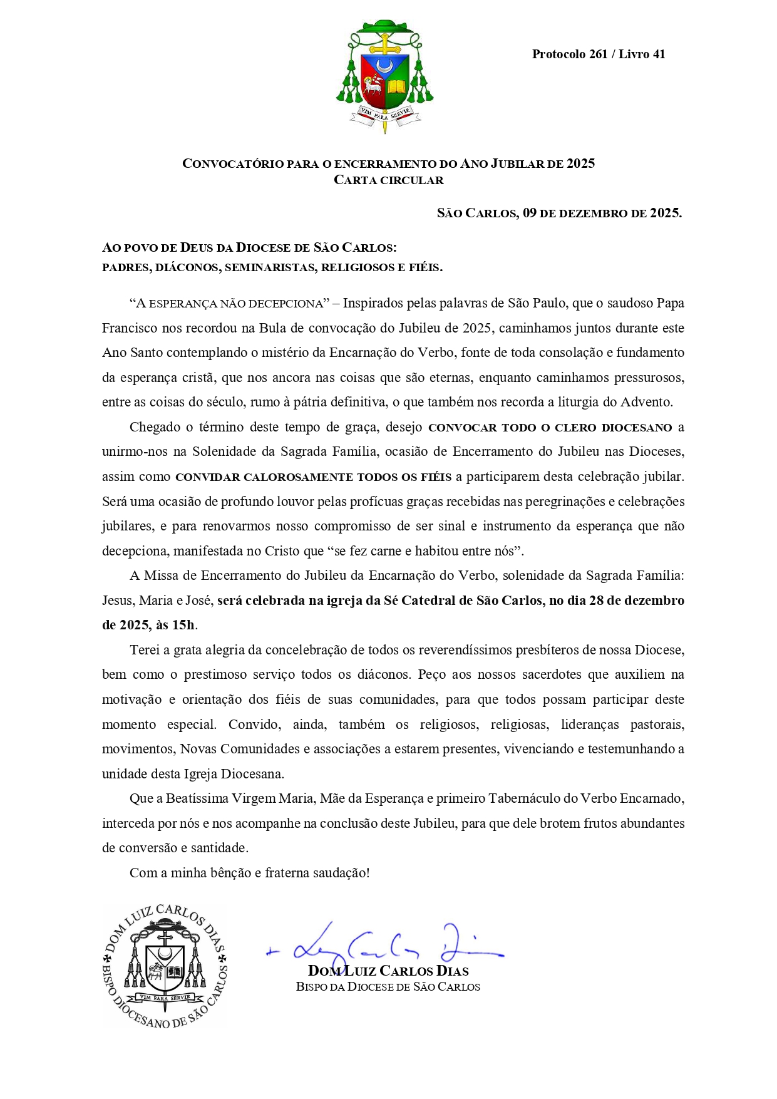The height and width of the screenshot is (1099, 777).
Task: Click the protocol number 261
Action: tap(598, 54)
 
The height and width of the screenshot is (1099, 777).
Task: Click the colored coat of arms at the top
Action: tap(384, 76)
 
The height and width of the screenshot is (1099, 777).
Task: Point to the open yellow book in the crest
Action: tap(396, 86)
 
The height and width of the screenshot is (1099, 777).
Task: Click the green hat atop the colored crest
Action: tap(384, 28)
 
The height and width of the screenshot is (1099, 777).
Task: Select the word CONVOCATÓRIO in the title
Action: tap(233, 164)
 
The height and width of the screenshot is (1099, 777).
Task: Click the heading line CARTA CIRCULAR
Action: tap(388, 180)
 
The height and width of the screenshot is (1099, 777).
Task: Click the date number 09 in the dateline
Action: tap(530, 213)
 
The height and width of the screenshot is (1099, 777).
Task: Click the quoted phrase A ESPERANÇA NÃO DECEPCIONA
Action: tap(229, 304)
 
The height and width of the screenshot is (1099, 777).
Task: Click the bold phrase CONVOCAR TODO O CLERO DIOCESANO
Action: tap(550, 428)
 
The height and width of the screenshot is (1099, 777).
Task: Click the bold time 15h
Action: tap(183, 625)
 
